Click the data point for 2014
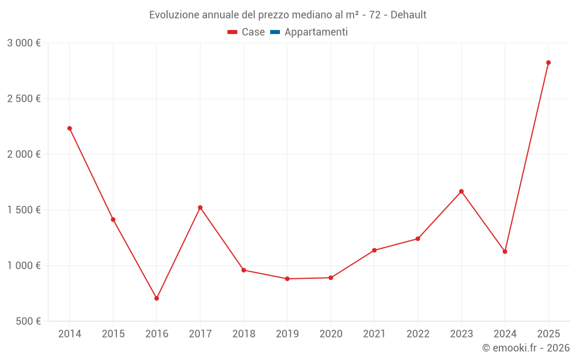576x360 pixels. click(70, 128)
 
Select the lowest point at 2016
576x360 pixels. click(157, 298)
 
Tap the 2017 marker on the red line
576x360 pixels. click(200, 207)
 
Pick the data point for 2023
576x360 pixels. click(461, 191)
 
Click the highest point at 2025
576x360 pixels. click(548, 63)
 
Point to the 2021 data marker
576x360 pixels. click(374, 250)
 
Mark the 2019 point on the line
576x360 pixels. click(287, 279)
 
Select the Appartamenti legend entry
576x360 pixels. click(316, 32)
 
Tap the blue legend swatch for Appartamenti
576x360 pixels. click(275, 32)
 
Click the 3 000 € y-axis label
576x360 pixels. click(24, 43)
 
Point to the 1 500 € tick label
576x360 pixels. click(24, 210)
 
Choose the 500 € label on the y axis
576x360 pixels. click(28, 321)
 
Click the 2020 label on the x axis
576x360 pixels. click(331, 334)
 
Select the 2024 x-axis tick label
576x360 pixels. click(505, 334)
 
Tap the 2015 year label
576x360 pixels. click(113, 334)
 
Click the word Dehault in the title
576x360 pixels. click(408, 15)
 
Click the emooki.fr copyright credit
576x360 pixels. click(526, 348)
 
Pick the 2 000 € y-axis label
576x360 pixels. click(24, 154)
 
